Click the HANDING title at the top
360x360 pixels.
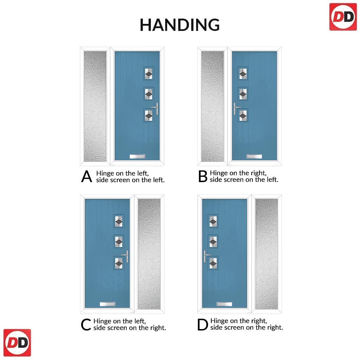pyautogui.click(x=180, y=25)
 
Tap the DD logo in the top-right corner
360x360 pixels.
pyautogui.click(x=343, y=17)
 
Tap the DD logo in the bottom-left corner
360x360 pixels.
pyautogui.click(x=17, y=342)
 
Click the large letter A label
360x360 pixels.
pyautogui.click(x=86, y=176)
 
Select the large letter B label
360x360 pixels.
pyautogui.click(x=203, y=176)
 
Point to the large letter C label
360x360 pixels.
pyautogui.click(x=86, y=324)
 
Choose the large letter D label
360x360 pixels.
pyautogui.click(x=202, y=324)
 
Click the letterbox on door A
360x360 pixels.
pyautogui.click(x=137, y=156)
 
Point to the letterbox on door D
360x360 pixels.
pyautogui.click(x=224, y=304)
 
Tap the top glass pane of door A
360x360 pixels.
pyautogui.click(x=149, y=73)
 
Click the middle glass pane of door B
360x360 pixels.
pyautogui.click(x=243, y=94)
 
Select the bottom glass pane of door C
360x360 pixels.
pyautogui.click(x=119, y=263)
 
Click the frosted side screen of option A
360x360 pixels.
pyautogui.click(x=95, y=106)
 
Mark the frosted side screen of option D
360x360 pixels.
pyautogui.click(x=266, y=254)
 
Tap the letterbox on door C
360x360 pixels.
pyautogui.click(x=108, y=304)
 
